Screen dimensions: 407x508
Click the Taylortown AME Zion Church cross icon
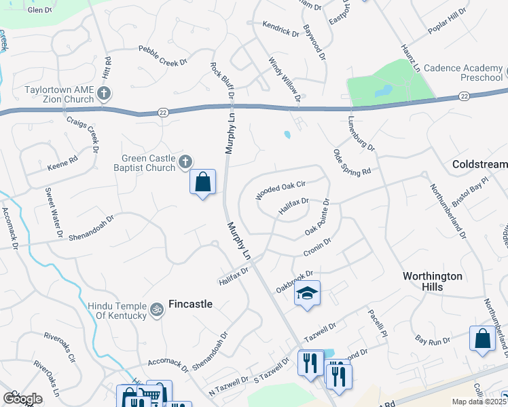(104, 93)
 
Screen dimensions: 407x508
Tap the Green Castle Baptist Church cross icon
(185, 161)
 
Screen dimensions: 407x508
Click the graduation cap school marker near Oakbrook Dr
(307, 293)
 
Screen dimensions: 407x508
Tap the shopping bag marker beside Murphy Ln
(202, 182)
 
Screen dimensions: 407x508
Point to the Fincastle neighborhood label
(191, 304)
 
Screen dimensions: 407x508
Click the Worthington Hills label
(433, 282)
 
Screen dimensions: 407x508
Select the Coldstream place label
(479, 165)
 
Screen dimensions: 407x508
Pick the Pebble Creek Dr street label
(162, 56)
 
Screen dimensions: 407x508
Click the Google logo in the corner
(22, 398)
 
